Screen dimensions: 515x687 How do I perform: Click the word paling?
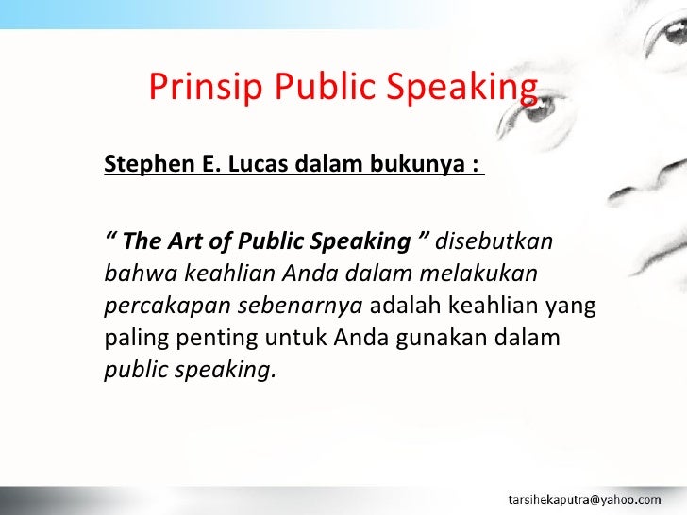[x=131, y=337]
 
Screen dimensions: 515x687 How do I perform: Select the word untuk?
[x=278, y=337]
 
